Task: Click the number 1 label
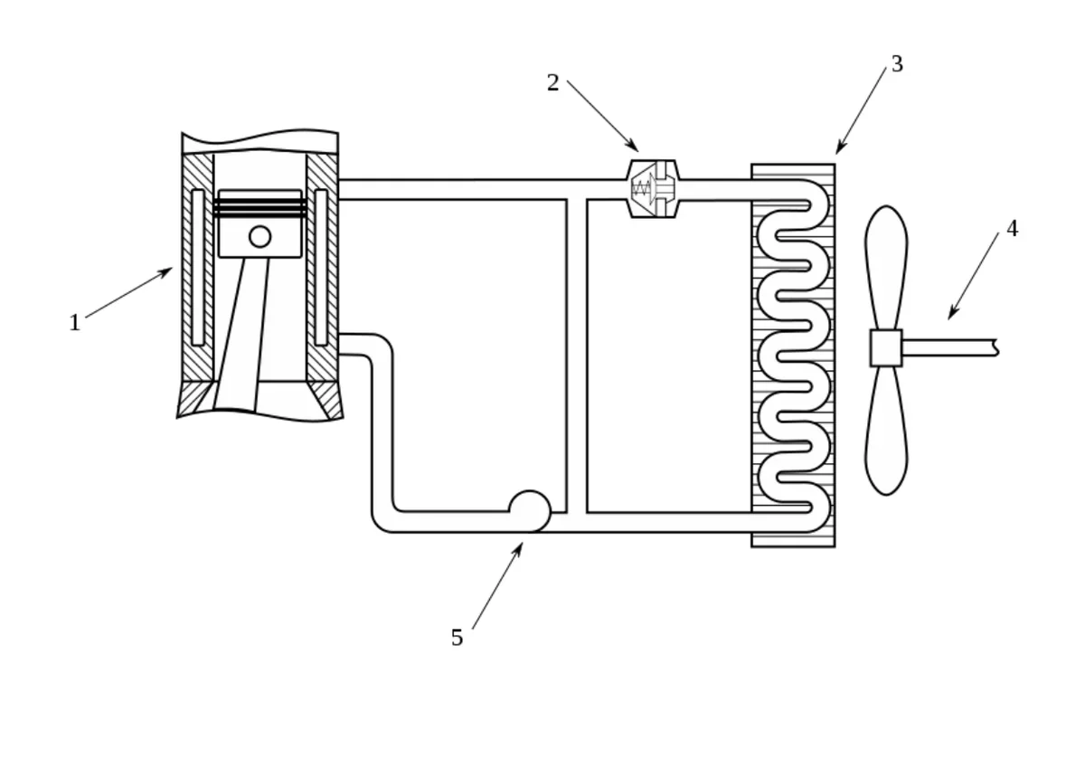coord(74,323)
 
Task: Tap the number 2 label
coord(552,83)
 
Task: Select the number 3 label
coord(897,64)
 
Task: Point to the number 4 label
coord(1013,228)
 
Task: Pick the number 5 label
coord(457,638)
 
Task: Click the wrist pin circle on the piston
coord(260,236)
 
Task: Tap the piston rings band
coord(260,207)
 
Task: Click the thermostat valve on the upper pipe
coord(653,188)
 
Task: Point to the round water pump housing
coord(530,511)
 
